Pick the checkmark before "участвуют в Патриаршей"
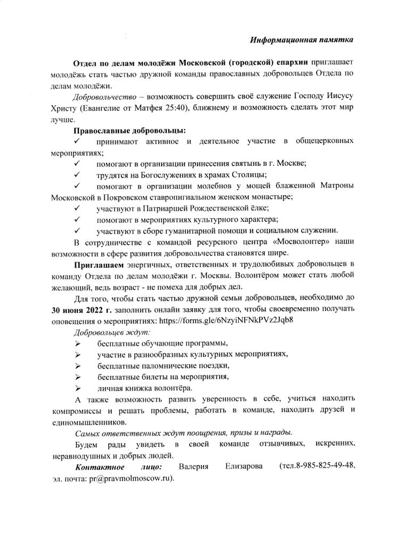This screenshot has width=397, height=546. tap(77, 208)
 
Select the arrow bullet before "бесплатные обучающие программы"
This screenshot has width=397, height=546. tap(77, 343)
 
